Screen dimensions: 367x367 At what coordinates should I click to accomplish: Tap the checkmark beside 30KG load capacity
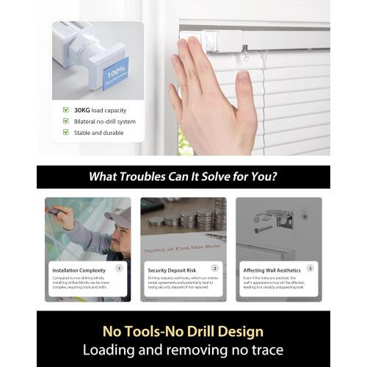[66, 110]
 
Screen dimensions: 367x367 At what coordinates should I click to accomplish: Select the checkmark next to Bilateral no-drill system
[66, 121]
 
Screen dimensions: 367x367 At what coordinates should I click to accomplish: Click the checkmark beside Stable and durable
[66, 133]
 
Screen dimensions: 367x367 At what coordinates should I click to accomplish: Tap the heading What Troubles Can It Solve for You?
[183, 177]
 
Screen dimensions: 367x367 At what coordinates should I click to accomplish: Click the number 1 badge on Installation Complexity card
[120, 269]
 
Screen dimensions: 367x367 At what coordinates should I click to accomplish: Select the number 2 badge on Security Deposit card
[215, 269]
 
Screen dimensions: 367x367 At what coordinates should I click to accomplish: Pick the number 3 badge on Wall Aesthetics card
[310, 269]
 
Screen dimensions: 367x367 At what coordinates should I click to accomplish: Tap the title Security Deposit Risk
[172, 269]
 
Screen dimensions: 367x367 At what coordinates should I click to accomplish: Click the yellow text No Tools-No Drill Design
[183, 332]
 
